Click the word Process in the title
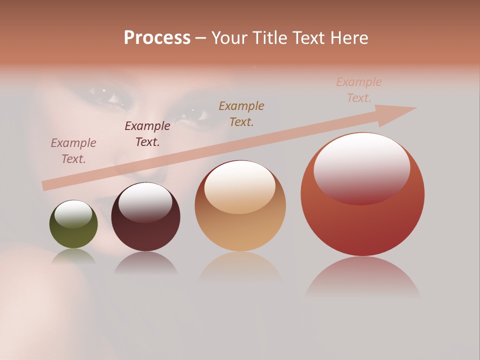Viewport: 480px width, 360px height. coord(157,38)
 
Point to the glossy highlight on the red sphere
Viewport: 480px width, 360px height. coord(361,167)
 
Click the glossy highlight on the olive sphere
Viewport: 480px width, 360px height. coord(73,214)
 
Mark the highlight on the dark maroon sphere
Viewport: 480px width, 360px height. coord(145,202)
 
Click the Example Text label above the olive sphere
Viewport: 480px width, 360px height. coord(73,150)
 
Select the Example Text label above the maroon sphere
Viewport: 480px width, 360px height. coord(147,133)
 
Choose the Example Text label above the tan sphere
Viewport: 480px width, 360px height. coord(241,113)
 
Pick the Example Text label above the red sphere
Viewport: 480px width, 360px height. coord(359,89)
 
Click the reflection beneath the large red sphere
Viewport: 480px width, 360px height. coord(362,277)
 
